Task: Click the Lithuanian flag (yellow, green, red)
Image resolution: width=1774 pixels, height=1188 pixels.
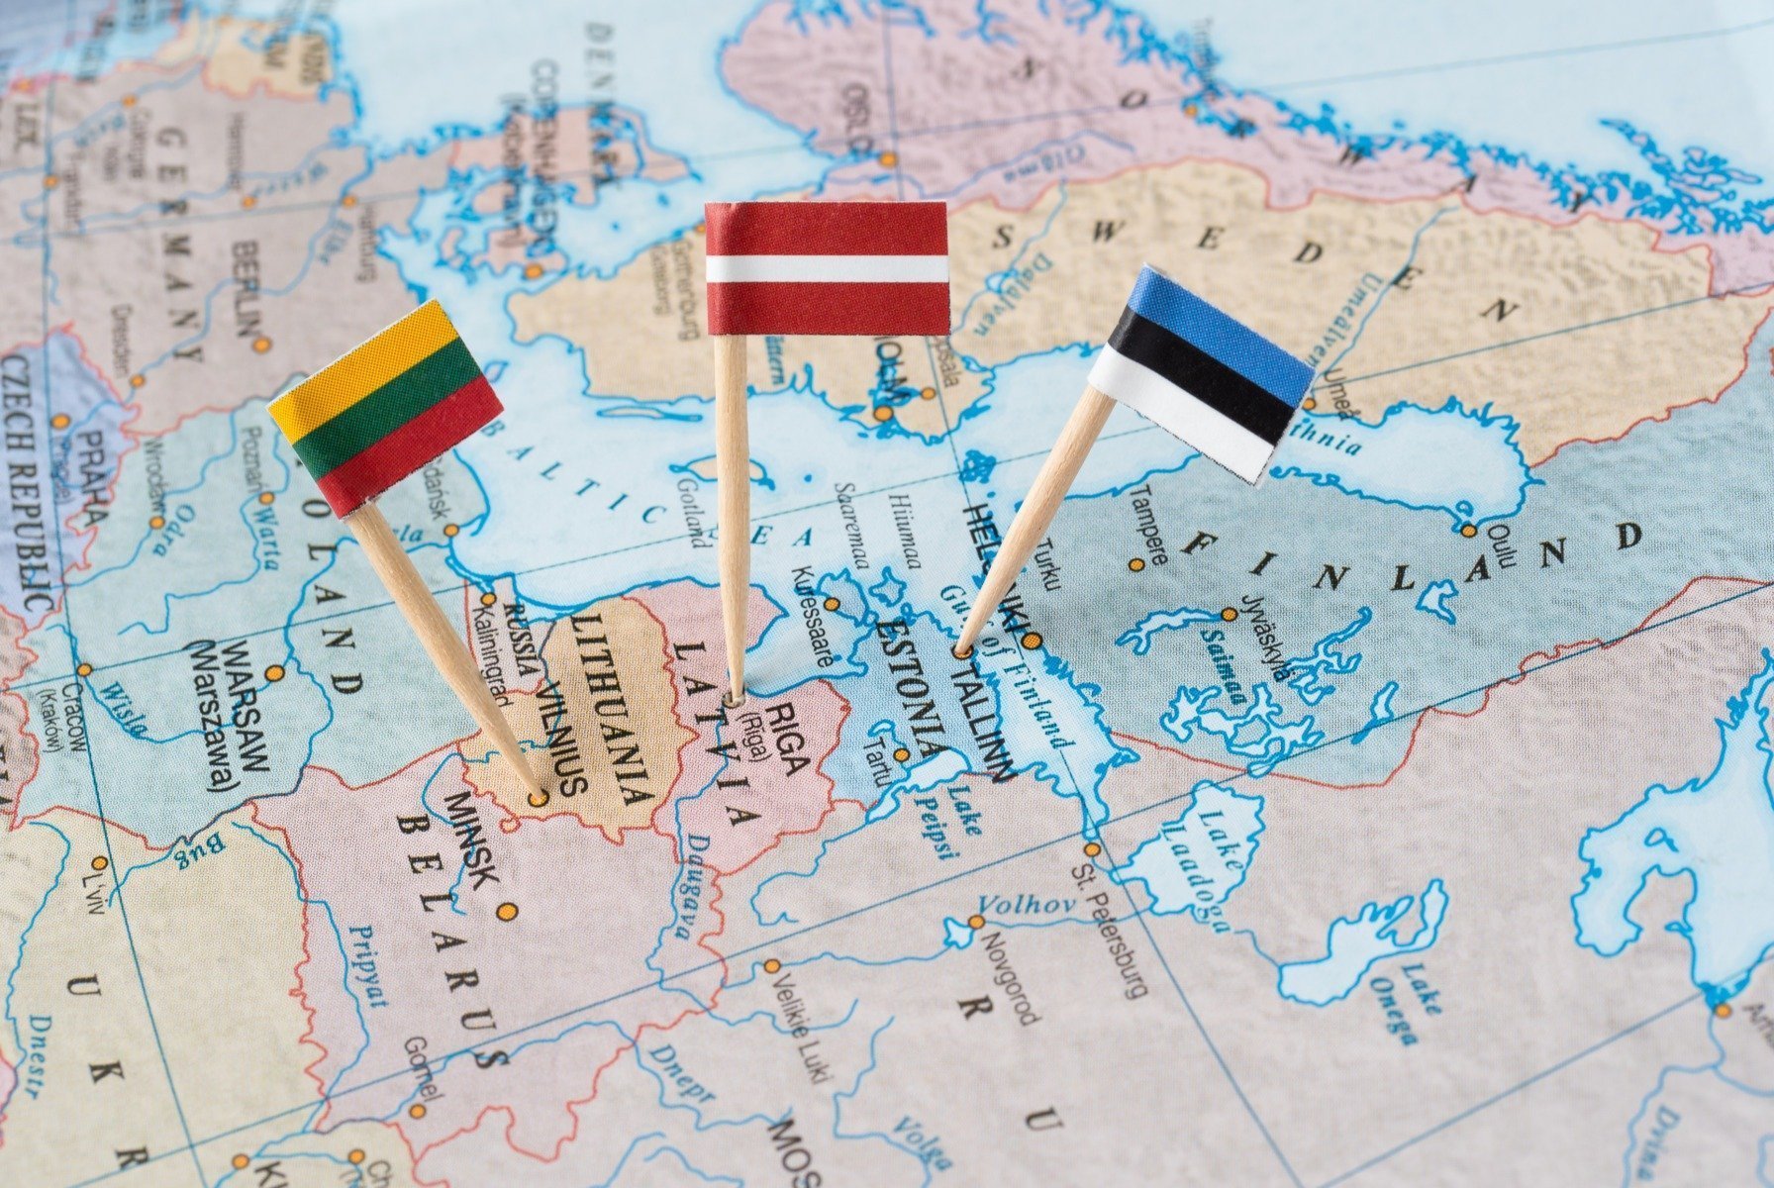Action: pos(385,407)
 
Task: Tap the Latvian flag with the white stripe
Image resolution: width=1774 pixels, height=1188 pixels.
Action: pos(827,268)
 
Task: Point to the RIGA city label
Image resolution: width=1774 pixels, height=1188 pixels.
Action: pos(788,738)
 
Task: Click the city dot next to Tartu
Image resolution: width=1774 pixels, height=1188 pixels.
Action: pos(901,754)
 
